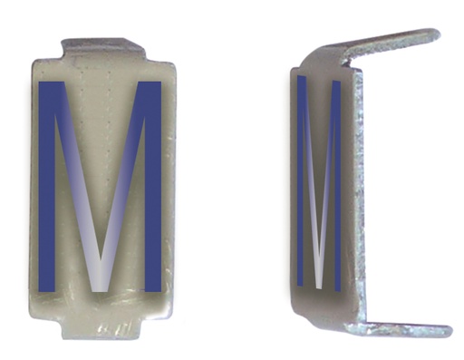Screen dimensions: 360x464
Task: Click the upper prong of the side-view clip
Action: pyautogui.click(x=390, y=45)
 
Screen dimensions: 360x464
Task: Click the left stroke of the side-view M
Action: pyautogui.click(x=302, y=181)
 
